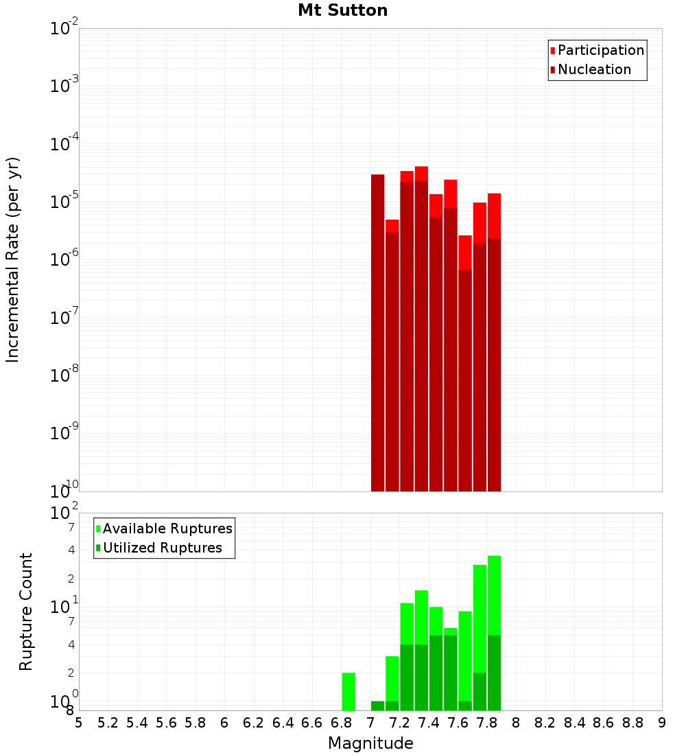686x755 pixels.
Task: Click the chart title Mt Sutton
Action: point(342,10)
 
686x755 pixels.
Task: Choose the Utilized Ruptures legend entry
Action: point(162,548)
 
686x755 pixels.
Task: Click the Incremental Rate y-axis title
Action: point(13,259)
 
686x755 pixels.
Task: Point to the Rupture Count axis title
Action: point(26,612)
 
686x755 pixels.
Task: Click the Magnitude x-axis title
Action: point(370,743)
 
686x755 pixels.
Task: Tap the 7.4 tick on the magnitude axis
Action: point(429,723)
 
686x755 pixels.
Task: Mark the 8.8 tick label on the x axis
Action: point(632,723)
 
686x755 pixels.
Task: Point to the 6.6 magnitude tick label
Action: point(312,723)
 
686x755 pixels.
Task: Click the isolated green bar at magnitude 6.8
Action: point(348,691)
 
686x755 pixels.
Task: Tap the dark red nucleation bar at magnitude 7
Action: point(377,333)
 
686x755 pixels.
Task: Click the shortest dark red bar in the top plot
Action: point(465,380)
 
